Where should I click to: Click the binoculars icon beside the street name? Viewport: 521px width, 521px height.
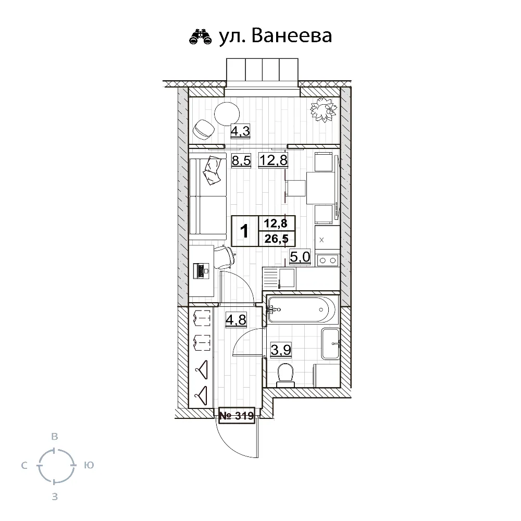point(201,36)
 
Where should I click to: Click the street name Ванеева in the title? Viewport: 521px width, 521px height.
point(292,36)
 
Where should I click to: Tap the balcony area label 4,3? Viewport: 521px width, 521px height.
point(240,132)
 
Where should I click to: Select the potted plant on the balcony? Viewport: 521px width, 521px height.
point(324,109)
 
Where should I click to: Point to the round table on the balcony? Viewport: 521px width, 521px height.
point(227,114)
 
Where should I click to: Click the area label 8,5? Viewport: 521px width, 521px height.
point(241,161)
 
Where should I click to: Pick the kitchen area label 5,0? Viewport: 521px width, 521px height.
point(300,257)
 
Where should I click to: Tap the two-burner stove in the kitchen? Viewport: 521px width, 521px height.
point(327,260)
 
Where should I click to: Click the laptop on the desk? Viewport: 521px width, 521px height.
point(201,271)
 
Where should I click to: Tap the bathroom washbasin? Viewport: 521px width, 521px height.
point(330,344)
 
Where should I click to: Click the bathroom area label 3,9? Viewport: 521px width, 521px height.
point(281,350)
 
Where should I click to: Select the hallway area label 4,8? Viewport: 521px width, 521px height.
point(236,320)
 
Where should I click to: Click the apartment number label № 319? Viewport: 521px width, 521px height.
point(237,415)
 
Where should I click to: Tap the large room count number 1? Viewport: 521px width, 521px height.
point(244,231)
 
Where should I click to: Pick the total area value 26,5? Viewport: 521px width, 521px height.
point(277,239)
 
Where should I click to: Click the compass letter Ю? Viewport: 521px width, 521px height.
point(89,465)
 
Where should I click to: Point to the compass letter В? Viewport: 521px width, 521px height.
point(55,436)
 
